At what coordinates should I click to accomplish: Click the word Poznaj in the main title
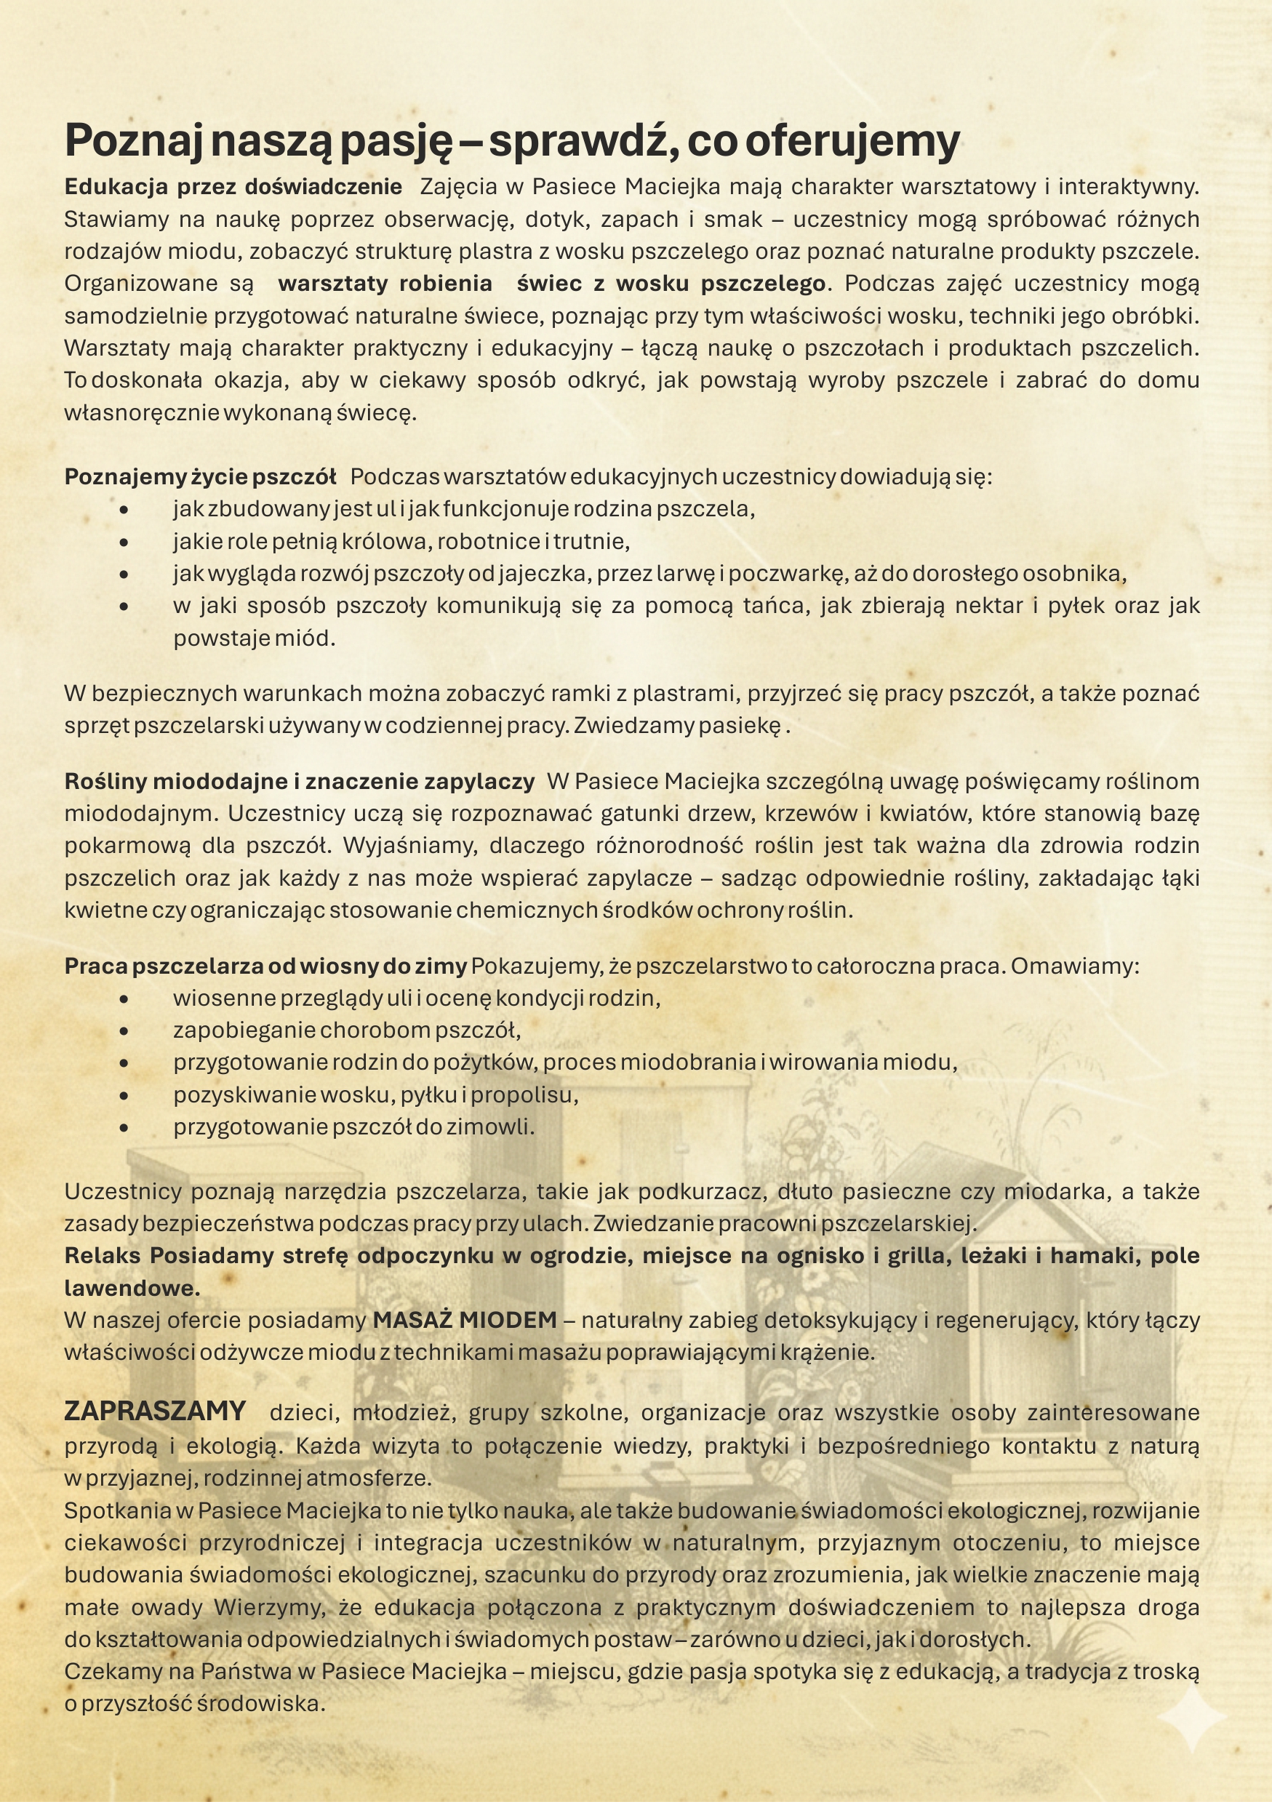coord(132,141)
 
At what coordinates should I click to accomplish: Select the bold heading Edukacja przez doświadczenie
coord(233,187)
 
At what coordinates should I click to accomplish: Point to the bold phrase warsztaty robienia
coord(385,284)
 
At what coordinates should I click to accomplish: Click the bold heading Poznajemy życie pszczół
coord(200,476)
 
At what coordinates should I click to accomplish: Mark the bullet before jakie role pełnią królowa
coord(124,542)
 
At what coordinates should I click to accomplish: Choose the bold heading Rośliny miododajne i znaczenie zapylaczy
coord(299,782)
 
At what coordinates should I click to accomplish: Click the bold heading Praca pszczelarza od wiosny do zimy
coord(265,966)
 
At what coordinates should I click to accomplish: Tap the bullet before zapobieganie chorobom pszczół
coord(124,1030)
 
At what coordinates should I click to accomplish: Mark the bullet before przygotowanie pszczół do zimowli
coord(124,1128)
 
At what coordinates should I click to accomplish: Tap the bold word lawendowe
coord(132,1288)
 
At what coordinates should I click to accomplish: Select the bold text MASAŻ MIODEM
coord(465,1320)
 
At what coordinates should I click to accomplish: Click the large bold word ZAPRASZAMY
coord(156,1411)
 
